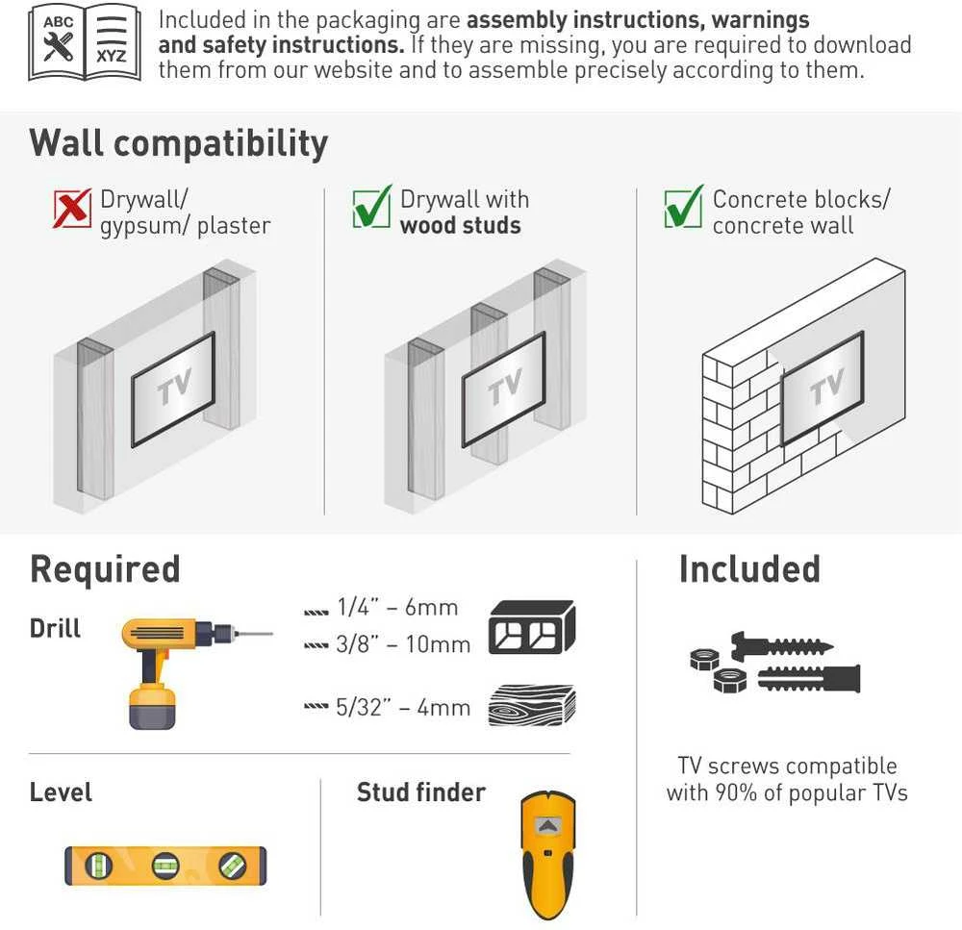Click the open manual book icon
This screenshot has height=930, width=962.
85,43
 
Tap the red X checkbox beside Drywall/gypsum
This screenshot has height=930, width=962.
72,208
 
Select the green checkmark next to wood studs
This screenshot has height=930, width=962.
371,206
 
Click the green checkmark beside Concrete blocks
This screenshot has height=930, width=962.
683,206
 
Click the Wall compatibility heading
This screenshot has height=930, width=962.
179,144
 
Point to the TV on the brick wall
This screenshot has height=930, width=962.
823,388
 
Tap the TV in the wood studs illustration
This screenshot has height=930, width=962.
504,389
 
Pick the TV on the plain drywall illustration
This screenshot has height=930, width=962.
173,389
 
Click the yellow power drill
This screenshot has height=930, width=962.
184,671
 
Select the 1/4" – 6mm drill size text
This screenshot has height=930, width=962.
397,607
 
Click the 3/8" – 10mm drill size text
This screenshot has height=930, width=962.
403,644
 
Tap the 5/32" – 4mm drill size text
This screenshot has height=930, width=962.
403,707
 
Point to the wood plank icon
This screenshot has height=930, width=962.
532,706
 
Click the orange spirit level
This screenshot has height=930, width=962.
165,866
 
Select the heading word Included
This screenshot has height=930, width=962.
749,568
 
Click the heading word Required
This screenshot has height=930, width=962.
105,569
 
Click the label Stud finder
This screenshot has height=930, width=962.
421,792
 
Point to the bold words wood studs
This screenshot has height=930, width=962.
460,225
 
